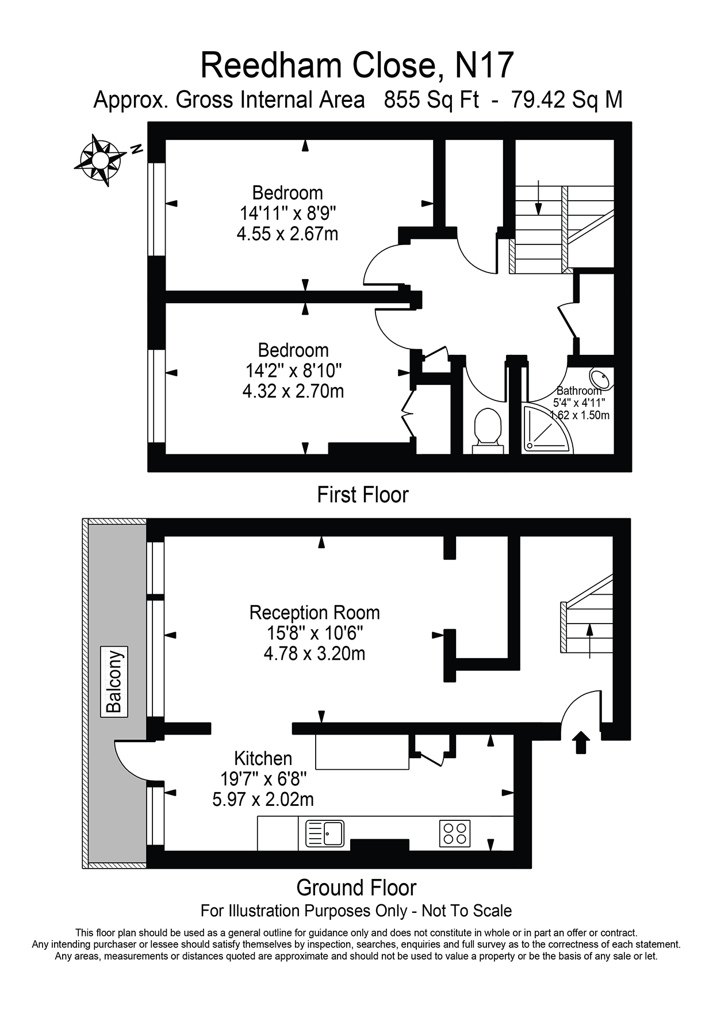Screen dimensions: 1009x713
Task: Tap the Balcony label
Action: click(114, 681)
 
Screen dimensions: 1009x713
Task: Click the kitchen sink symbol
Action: click(325, 833)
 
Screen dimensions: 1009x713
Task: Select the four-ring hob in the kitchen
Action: click(455, 833)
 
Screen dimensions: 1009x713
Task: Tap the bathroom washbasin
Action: click(600, 380)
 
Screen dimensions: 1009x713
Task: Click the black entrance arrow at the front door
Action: click(581, 742)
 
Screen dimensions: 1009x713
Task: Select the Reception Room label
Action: click(315, 613)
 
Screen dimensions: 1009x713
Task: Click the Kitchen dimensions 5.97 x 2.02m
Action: click(263, 800)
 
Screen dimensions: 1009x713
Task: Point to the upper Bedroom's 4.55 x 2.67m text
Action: click(287, 234)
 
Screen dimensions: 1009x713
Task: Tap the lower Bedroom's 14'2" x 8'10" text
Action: click(293, 370)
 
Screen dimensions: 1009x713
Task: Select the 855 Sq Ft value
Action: click(431, 100)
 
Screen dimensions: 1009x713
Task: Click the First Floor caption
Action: click(362, 495)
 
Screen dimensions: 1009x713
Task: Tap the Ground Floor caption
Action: click(356, 888)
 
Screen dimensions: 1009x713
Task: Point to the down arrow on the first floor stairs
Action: click(538, 198)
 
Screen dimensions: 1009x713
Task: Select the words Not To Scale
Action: click(466, 911)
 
